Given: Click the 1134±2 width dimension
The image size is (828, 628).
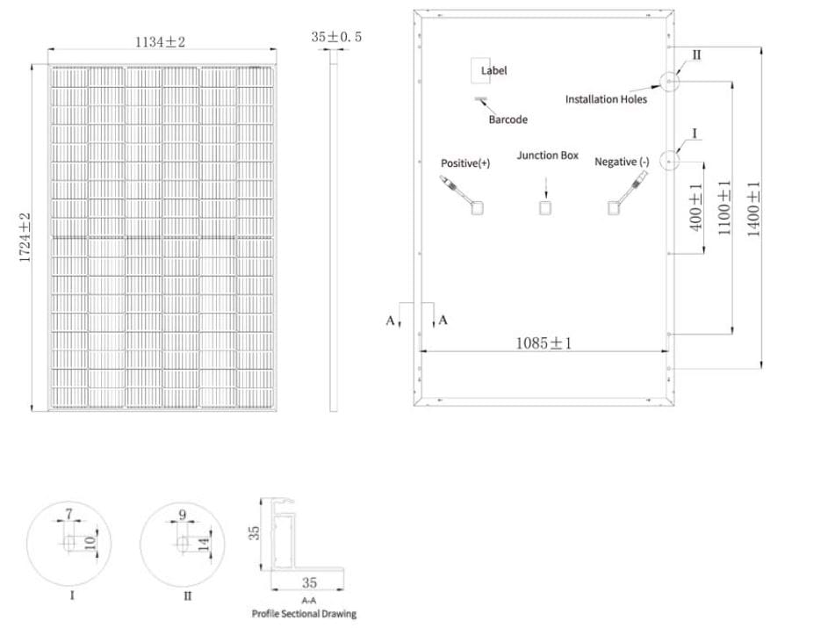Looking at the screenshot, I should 160,40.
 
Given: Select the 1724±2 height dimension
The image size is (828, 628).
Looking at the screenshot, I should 25,237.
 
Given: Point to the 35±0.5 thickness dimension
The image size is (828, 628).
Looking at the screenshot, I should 336,37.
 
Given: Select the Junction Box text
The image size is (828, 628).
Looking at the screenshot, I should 547,155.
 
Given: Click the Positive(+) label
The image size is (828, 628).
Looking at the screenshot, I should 465,163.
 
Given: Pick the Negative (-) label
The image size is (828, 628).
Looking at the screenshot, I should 622,162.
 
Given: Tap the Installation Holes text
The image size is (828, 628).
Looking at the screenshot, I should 606,99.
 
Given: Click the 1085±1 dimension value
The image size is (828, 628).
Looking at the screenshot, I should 543,343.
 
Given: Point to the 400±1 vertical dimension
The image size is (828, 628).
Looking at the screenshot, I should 696,206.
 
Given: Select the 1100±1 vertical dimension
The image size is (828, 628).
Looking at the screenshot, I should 724,207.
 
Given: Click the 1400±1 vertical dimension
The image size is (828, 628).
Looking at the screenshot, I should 753,207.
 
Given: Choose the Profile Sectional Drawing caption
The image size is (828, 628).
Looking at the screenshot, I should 304,614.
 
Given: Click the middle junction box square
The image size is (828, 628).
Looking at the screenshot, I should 545,207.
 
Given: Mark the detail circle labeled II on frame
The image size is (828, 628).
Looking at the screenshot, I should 669,82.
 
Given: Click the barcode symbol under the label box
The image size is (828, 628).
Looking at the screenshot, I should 481,101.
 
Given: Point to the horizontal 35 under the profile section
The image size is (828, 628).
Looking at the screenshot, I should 309,582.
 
